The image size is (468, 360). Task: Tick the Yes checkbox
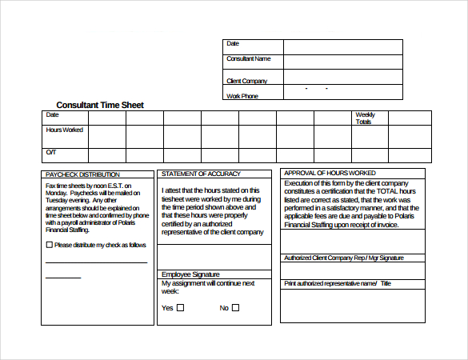(x=180, y=307)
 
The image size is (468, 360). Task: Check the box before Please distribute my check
(x=50, y=245)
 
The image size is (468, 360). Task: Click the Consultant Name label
(x=249, y=58)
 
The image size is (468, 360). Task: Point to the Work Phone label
(x=242, y=96)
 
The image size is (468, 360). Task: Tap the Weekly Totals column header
(x=364, y=118)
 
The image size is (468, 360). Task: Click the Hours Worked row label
(x=64, y=130)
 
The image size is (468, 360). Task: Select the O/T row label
(x=51, y=152)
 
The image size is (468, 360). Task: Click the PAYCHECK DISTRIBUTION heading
(x=83, y=174)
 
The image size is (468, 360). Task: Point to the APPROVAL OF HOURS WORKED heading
(x=330, y=173)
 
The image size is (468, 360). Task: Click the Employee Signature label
(x=190, y=274)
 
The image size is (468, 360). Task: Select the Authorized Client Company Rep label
(x=344, y=258)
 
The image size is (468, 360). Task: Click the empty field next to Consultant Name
(x=342, y=62)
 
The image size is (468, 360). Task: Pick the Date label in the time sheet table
(x=52, y=115)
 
